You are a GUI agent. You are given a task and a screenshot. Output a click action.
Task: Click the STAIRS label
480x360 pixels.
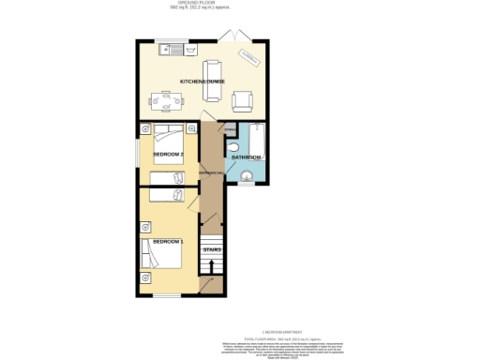pyautogui.click(x=212, y=249)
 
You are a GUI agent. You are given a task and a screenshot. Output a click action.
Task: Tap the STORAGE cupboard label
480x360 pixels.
pyautogui.click(x=231, y=128)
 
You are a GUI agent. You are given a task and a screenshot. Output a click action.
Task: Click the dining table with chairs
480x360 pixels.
pyautogui.click(x=165, y=98)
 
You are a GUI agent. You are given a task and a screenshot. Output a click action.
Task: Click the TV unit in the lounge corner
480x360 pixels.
pyautogui.click(x=249, y=57)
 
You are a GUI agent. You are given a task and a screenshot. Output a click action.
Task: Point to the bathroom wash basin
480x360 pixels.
pyautogui.click(x=248, y=175)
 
